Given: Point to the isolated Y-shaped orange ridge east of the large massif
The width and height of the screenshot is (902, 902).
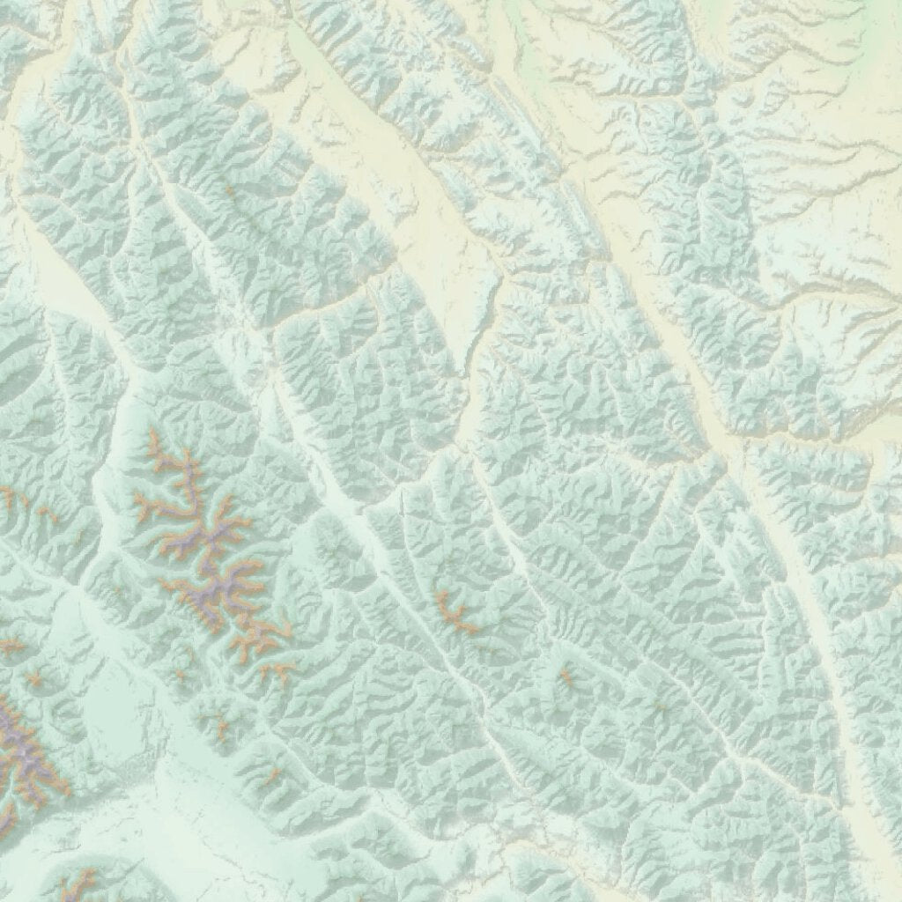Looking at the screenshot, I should pos(453,611).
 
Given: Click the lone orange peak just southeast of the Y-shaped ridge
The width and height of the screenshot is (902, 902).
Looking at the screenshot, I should pos(565,676).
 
